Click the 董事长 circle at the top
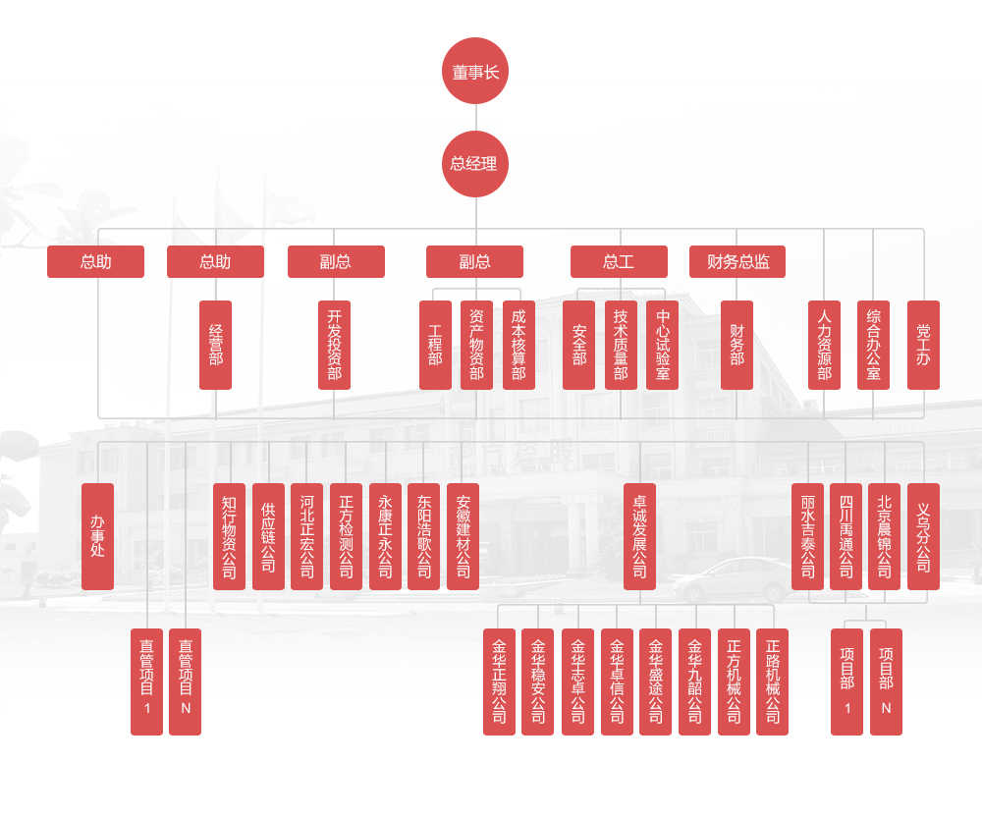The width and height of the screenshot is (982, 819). pyautogui.click(x=475, y=71)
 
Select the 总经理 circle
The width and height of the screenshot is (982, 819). pyautogui.click(x=475, y=164)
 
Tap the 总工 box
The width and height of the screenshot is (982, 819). pyautogui.click(x=619, y=262)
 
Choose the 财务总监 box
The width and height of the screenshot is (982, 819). pyautogui.click(x=737, y=262)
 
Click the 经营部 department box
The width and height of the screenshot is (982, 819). pyautogui.click(x=216, y=345)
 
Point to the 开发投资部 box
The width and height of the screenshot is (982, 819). pyautogui.click(x=335, y=345)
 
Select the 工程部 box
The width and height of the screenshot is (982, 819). pyautogui.click(x=435, y=345)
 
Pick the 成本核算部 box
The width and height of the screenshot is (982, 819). pyautogui.click(x=518, y=345)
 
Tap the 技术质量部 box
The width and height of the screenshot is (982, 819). pyautogui.click(x=621, y=345)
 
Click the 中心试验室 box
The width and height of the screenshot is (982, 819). pyautogui.click(x=663, y=345)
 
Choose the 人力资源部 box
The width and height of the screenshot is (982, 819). pyautogui.click(x=824, y=345)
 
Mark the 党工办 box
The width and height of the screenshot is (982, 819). pyautogui.click(x=923, y=345)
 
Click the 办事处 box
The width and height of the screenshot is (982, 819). pyautogui.click(x=97, y=536)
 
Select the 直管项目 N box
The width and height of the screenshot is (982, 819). pyautogui.click(x=185, y=682)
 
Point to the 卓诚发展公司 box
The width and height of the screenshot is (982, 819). pyautogui.click(x=639, y=536)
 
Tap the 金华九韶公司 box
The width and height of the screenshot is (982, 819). pyautogui.click(x=694, y=682)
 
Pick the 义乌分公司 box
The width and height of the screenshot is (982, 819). pyautogui.click(x=923, y=536)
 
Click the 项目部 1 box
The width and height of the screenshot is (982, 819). pyautogui.click(x=846, y=682)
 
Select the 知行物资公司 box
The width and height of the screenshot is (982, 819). pyautogui.click(x=229, y=536)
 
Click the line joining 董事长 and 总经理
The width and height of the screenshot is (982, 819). pyautogui.click(x=475, y=117)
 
